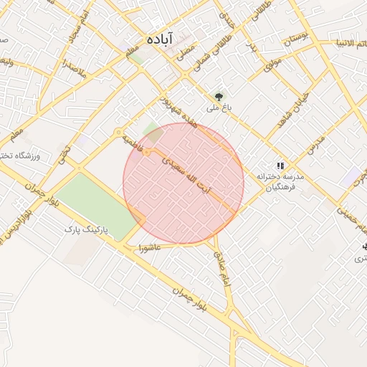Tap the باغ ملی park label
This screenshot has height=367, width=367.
pos(216,109)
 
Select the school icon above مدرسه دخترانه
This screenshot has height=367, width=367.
pos(280,165)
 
